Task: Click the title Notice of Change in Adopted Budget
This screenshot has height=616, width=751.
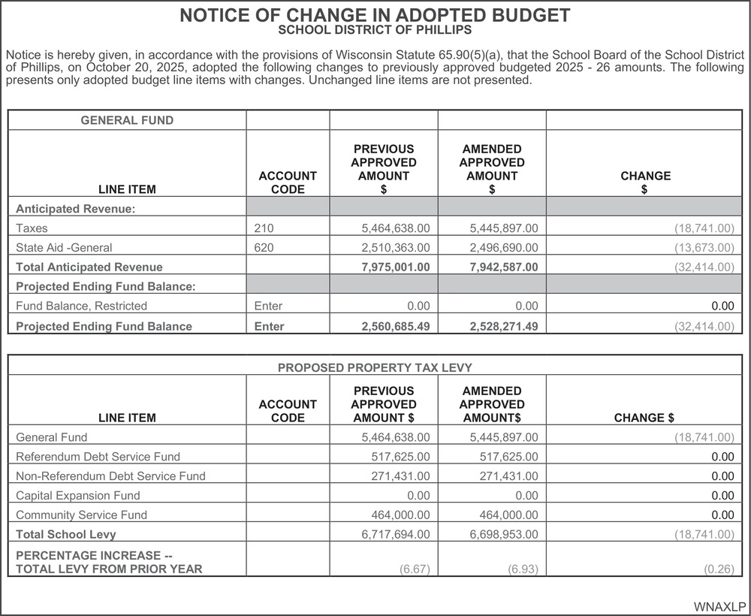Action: [x=375, y=16]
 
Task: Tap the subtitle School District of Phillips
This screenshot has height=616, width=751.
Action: [x=375, y=31]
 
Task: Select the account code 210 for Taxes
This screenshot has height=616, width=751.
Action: [x=264, y=228]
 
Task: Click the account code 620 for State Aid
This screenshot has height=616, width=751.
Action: [x=264, y=247]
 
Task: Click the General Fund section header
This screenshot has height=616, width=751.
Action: [x=127, y=120]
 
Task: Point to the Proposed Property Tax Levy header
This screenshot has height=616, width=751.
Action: [x=375, y=367]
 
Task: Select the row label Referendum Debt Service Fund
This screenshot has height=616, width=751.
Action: [x=98, y=456]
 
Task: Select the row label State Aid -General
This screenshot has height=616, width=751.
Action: [x=64, y=247]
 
